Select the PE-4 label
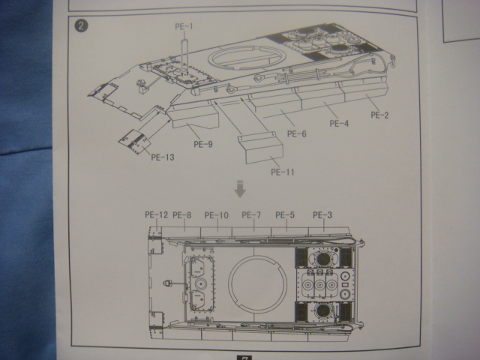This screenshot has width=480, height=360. pos(340,122)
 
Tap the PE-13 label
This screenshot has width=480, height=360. pos(163,157)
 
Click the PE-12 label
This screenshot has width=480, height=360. pos(157,215)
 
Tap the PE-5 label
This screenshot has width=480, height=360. pos(285,215)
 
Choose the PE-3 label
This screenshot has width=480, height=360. pos(322,215)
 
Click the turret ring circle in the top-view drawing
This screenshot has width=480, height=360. pos(259,284)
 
